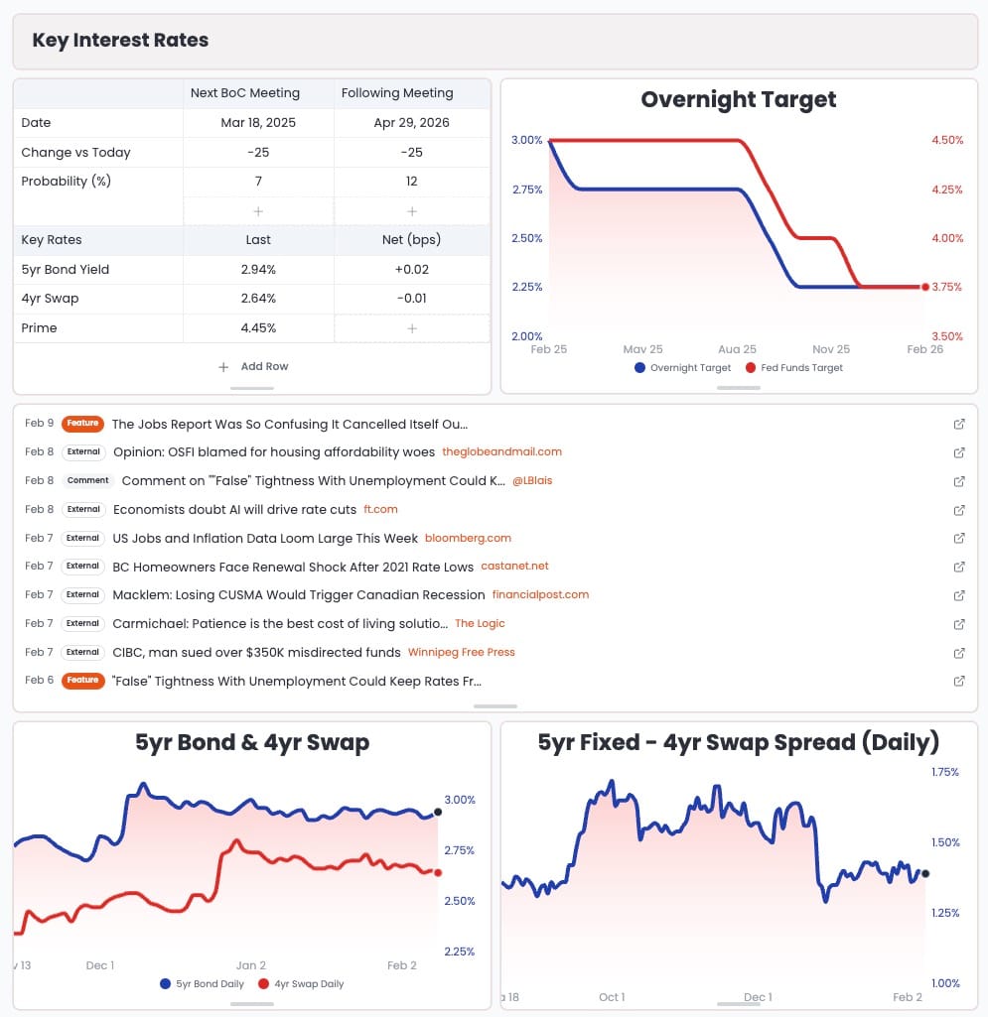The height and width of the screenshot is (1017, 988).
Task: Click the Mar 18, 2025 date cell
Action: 258,123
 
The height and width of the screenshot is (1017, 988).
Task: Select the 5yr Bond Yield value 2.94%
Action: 258,270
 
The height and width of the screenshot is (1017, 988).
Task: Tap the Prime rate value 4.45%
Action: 258,328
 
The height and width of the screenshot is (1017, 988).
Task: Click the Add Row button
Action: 253,366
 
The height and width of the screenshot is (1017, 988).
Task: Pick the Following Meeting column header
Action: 397,93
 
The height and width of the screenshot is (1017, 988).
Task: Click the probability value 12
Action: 412,182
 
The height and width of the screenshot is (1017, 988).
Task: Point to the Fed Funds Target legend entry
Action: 793,368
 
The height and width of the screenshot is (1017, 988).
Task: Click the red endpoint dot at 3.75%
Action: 925,287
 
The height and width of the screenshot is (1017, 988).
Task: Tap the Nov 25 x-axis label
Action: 831,349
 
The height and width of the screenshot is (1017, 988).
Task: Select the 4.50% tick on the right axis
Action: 947,140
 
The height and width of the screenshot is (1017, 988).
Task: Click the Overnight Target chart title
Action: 739,99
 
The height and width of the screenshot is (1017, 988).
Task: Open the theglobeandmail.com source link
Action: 501,452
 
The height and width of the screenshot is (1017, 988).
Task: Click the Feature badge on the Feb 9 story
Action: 83,424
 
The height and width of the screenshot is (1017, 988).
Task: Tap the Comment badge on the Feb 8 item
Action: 88,481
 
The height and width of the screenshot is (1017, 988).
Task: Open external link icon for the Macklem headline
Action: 959,595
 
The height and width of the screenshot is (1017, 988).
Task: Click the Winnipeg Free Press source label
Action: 462,653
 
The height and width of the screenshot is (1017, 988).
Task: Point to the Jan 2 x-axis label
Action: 251,965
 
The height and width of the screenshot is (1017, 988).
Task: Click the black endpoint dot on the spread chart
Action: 925,874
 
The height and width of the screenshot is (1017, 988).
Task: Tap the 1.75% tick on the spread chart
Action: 944,772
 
